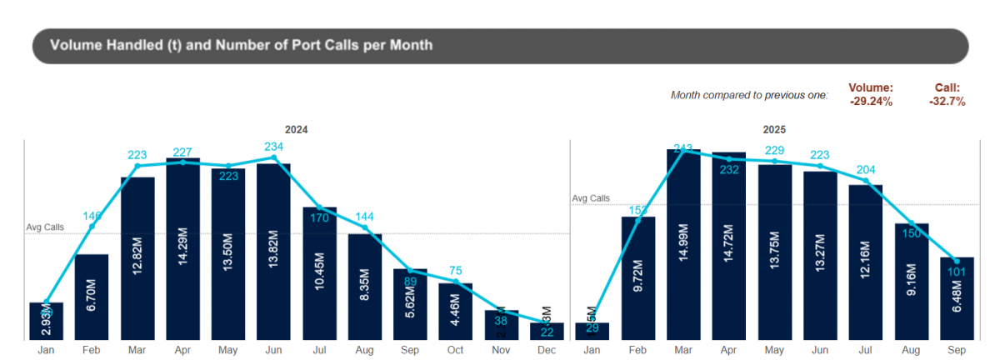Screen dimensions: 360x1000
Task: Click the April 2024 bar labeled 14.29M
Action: pyautogui.click(x=183, y=250)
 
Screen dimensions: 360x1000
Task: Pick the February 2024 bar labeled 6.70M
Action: pyautogui.click(x=92, y=297)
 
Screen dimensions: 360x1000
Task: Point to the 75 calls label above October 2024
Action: pyautogui.click(x=455, y=270)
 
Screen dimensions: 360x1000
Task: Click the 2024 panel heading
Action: pyautogui.click(x=297, y=130)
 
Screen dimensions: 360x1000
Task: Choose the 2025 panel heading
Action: pyautogui.click(x=774, y=130)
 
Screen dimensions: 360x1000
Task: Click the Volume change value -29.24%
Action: pyautogui.click(x=871, y=102)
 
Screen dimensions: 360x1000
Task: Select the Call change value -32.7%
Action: pyautogui.click(x=947, y=102)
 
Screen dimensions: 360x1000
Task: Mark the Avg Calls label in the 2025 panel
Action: pyautogui.click(x=590, y=198)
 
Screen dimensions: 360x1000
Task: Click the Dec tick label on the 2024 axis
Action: pyautogui.click(x=546, y=352)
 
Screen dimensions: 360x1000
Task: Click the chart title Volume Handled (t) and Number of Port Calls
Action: pyautogui.click(x=242, y=45)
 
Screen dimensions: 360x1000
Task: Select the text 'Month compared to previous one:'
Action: pyautogui.click(x=749, y=95)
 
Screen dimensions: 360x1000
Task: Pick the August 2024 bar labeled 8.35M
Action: pyautogui.click(x=365, y=287)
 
